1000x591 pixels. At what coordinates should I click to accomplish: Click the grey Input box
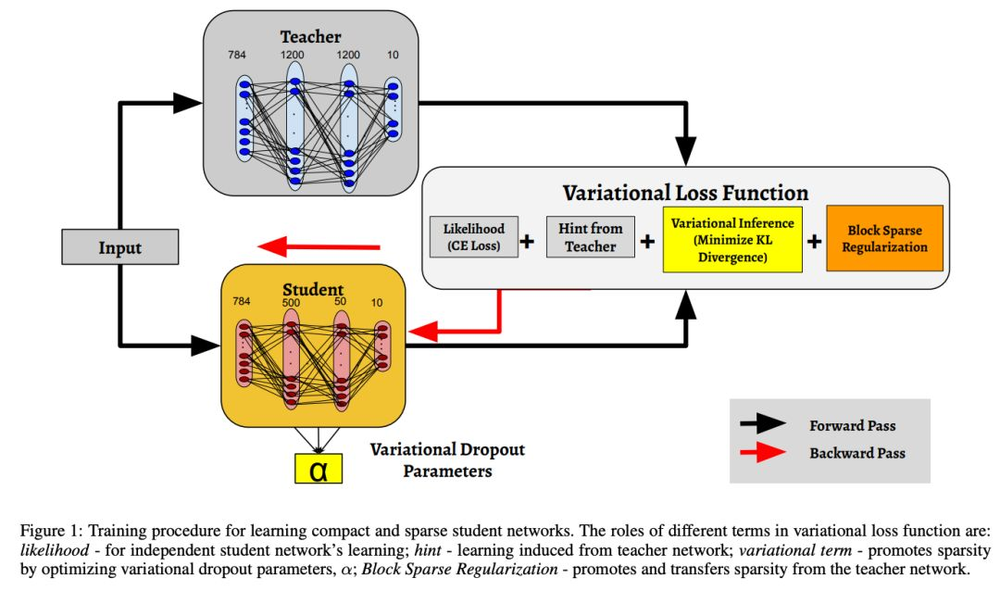point(120,247)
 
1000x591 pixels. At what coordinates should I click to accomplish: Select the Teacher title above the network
point(311,37)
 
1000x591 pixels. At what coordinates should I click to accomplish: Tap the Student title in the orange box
point(313,291)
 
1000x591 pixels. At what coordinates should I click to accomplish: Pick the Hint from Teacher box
point(591,237)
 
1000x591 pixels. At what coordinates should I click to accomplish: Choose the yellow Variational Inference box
point(731,239)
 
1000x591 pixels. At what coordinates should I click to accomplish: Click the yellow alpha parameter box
point(319,470)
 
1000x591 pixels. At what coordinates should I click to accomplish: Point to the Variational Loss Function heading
point(686,194)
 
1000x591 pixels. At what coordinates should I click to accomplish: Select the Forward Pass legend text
point(852,426)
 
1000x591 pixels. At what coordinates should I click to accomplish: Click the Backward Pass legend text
point(856,454)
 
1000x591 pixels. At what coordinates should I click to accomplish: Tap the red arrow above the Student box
point(319,246)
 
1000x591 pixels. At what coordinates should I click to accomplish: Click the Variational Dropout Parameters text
point(447,459)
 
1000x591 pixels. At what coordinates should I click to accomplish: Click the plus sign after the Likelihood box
point(528,242)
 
